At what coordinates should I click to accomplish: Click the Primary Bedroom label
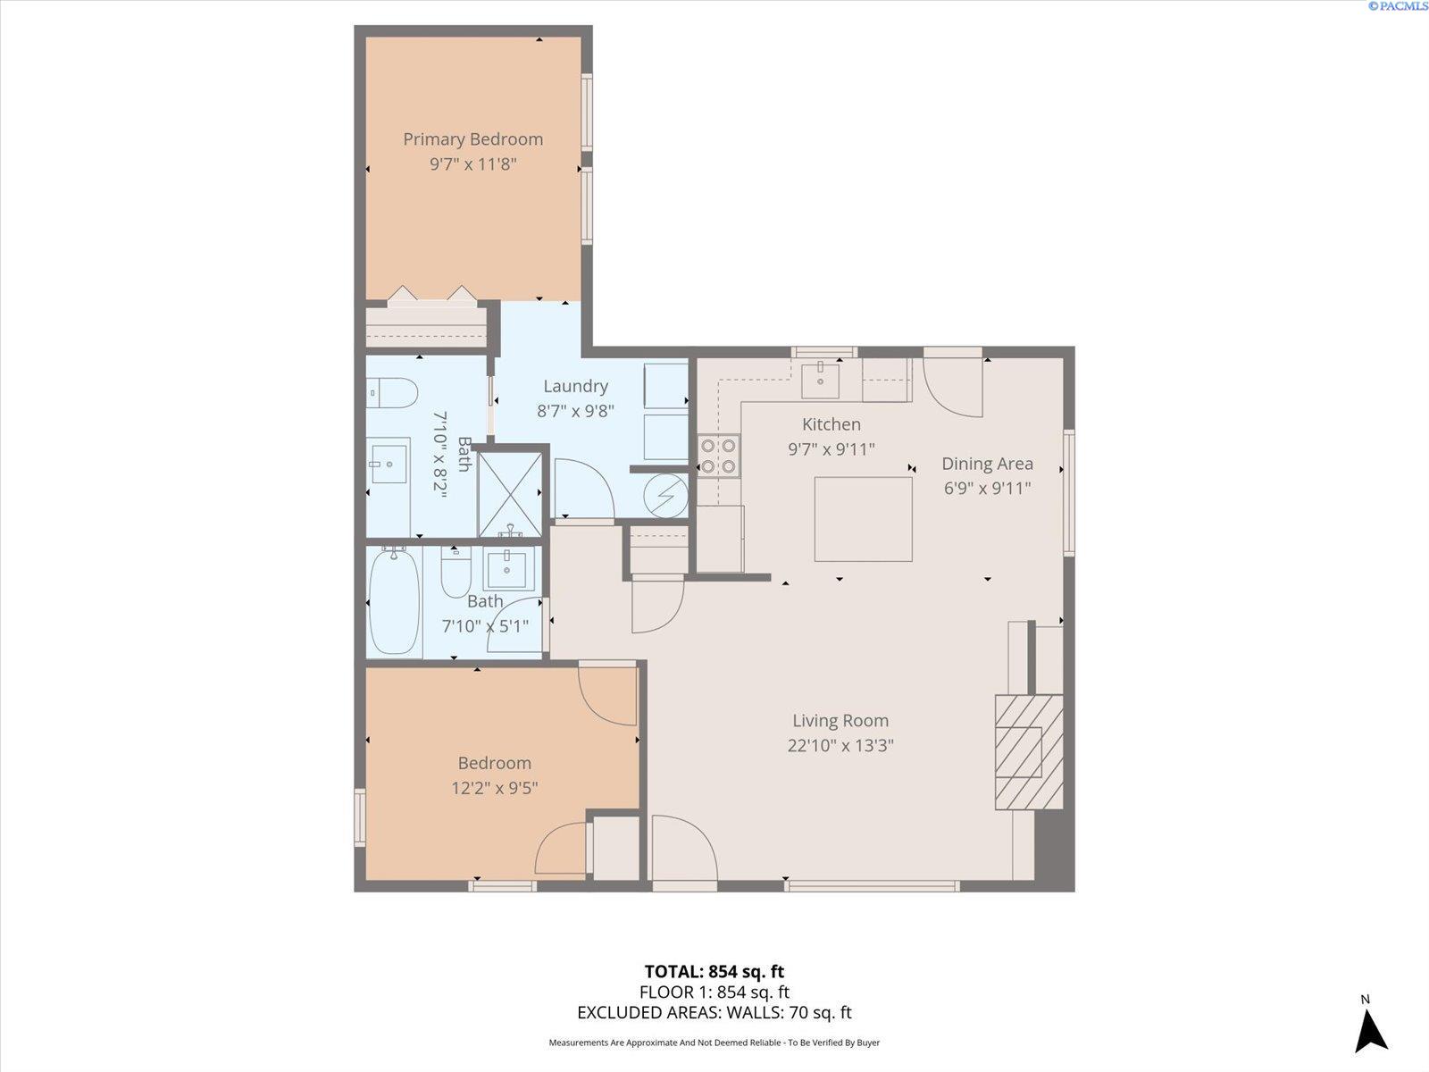(472, 139)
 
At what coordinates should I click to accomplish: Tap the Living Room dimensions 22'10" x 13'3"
(840, 745)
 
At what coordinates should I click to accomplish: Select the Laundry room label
(575, 386)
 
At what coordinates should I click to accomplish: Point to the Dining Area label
(987, 464)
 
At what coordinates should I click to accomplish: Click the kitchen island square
(864, 519)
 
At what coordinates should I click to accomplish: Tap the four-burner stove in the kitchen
(718, 456)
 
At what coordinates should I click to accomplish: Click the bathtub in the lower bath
(394, 600)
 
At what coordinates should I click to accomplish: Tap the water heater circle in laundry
(665, 495)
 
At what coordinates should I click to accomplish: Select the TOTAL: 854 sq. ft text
(714, 972)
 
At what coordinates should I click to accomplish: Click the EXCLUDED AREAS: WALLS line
(714, 1012)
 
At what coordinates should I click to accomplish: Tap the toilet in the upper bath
(392, 392)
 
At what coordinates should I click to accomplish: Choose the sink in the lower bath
(508, 568)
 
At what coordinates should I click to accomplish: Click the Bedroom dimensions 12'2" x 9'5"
(495, 788)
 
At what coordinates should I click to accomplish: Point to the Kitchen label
(831, 424)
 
